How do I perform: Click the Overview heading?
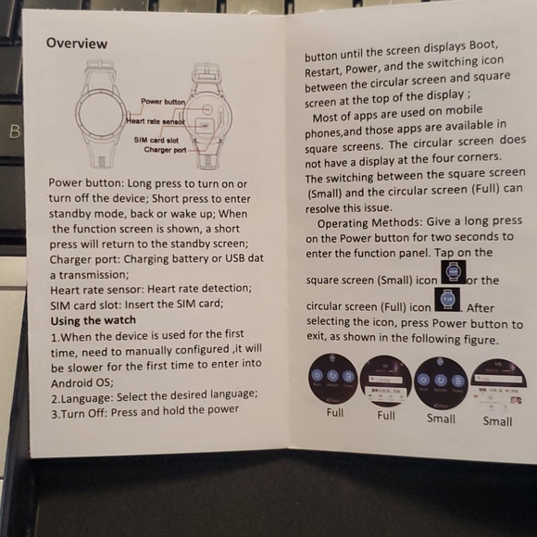click(x=77, y=44)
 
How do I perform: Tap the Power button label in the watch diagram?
click(x=163, y=101)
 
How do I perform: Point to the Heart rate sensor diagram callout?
click(x=156, y=121)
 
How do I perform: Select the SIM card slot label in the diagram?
click(x=160, y=139)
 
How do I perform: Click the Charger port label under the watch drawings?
click(x=165, y=150)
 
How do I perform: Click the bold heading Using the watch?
click(x=93, y=320)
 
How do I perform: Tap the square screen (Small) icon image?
click(x=454, y=273)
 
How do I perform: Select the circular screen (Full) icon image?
click(x=447, y=301)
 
